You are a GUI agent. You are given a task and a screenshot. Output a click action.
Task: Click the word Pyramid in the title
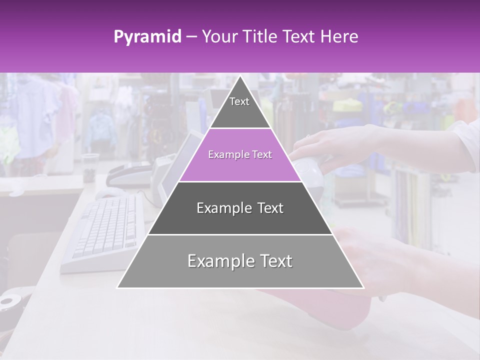pos(147,37)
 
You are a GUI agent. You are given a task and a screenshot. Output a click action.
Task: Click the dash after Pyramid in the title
pos(191,37)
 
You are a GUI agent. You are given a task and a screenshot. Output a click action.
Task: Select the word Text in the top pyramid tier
pos(239,101)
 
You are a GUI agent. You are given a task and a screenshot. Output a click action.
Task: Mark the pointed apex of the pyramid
pos(240,76)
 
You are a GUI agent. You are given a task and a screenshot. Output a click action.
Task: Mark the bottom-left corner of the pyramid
pos(117,288)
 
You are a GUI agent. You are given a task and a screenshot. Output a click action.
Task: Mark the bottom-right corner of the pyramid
pos(363,288)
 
